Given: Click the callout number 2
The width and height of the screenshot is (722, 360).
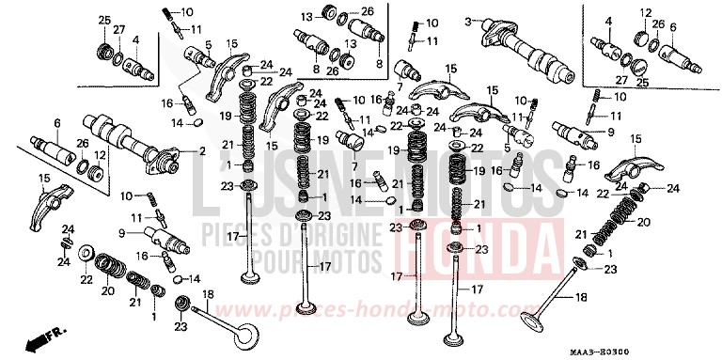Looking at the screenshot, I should [x=200, y=151].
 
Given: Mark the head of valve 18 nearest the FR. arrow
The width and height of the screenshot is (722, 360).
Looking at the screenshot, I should [x=247, y=337].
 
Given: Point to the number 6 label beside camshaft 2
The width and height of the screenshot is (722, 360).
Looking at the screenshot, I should [x=56, y=123].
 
